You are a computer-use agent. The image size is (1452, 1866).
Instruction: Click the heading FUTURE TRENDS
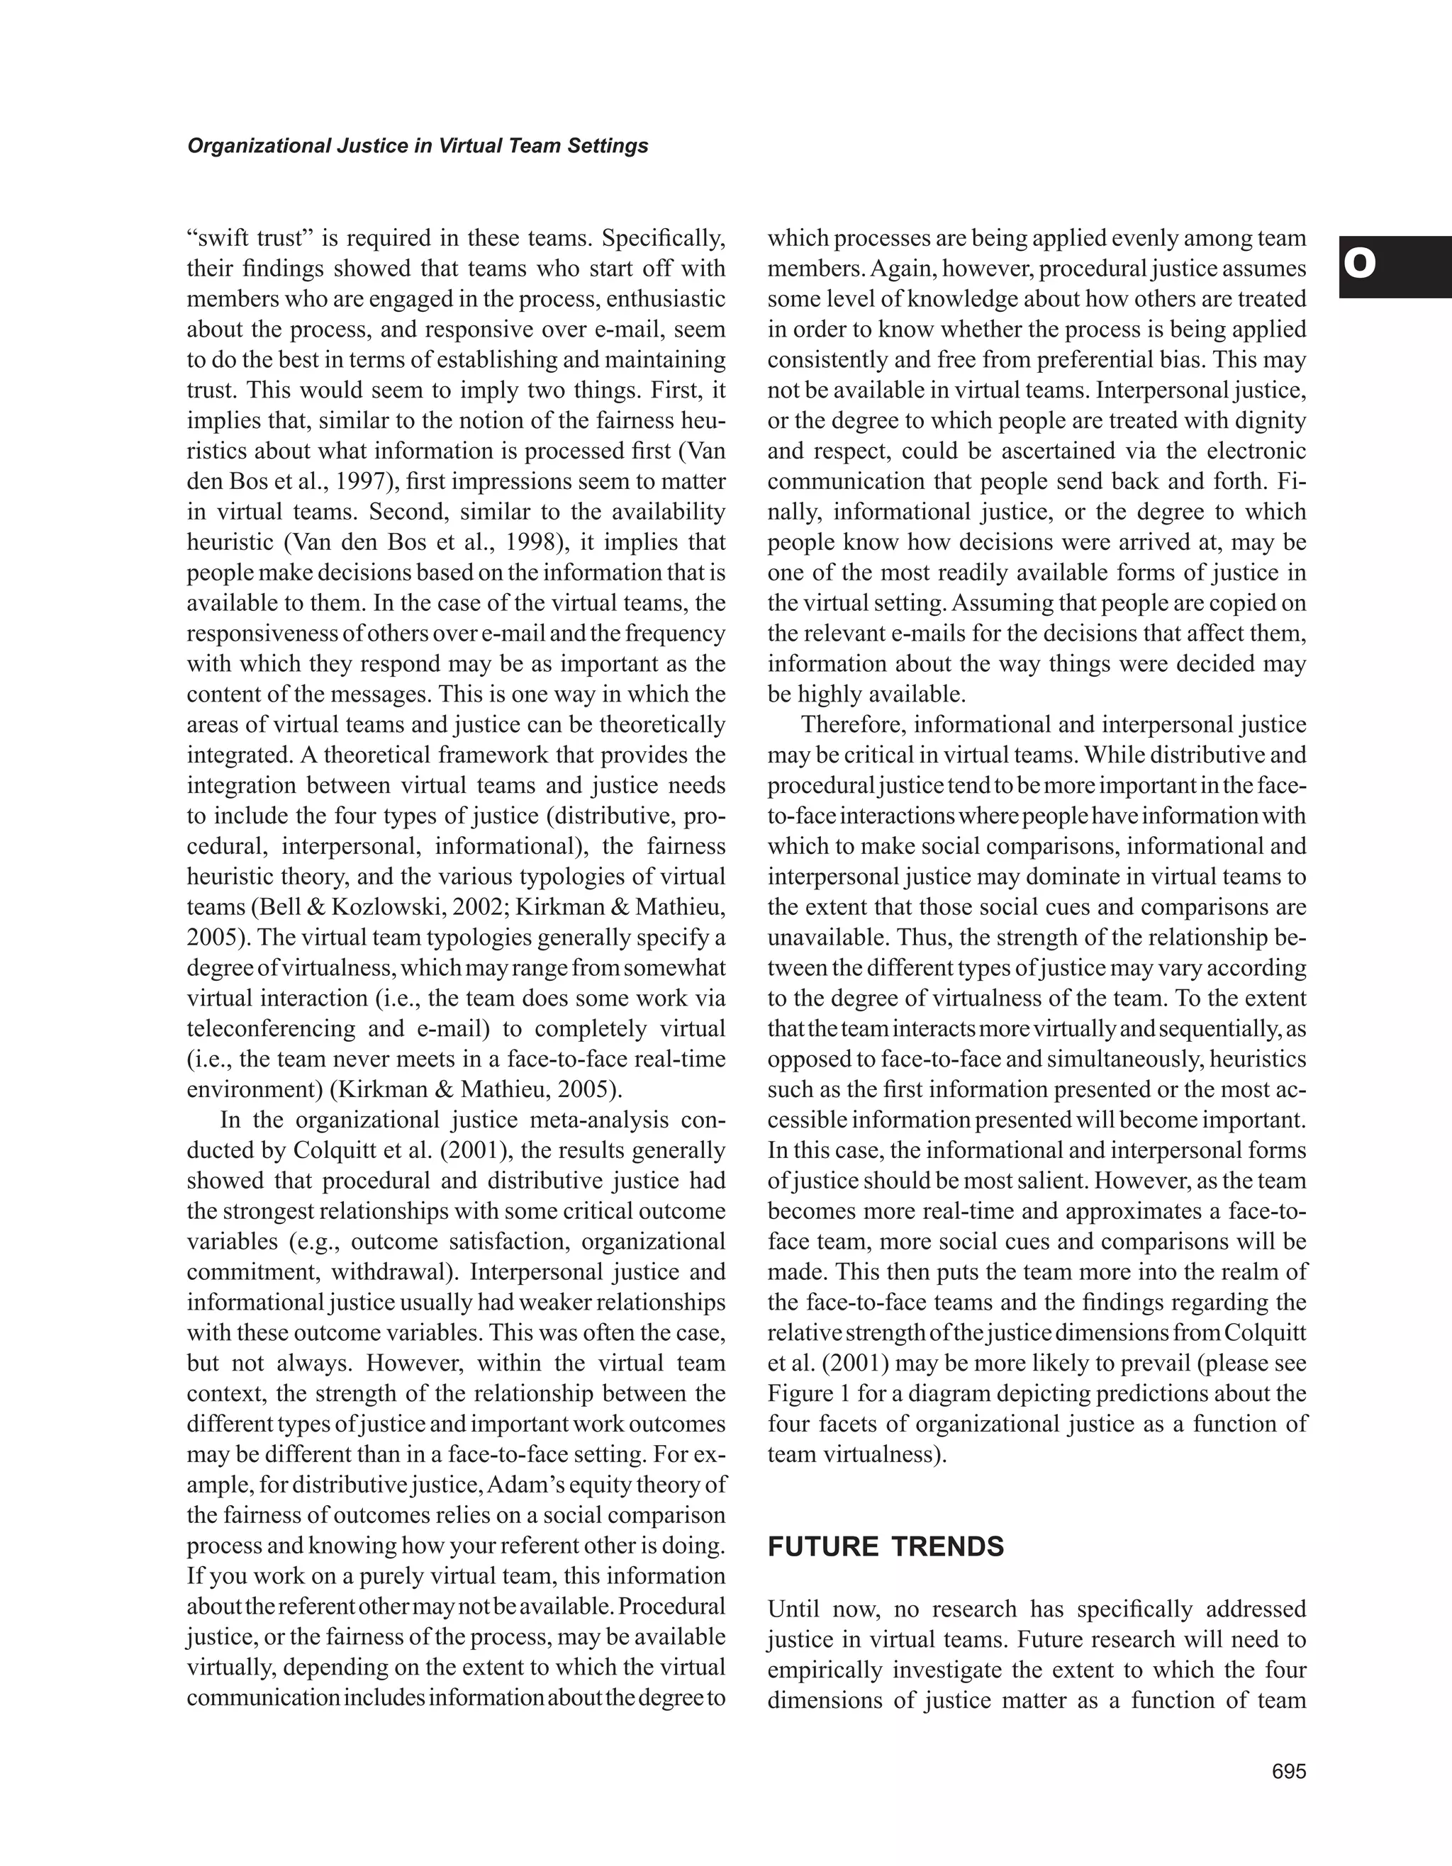point(886,1547)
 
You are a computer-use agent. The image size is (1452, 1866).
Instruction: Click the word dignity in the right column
point(1268,420)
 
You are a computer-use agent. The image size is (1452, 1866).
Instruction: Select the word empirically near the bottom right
point(825,1670)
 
